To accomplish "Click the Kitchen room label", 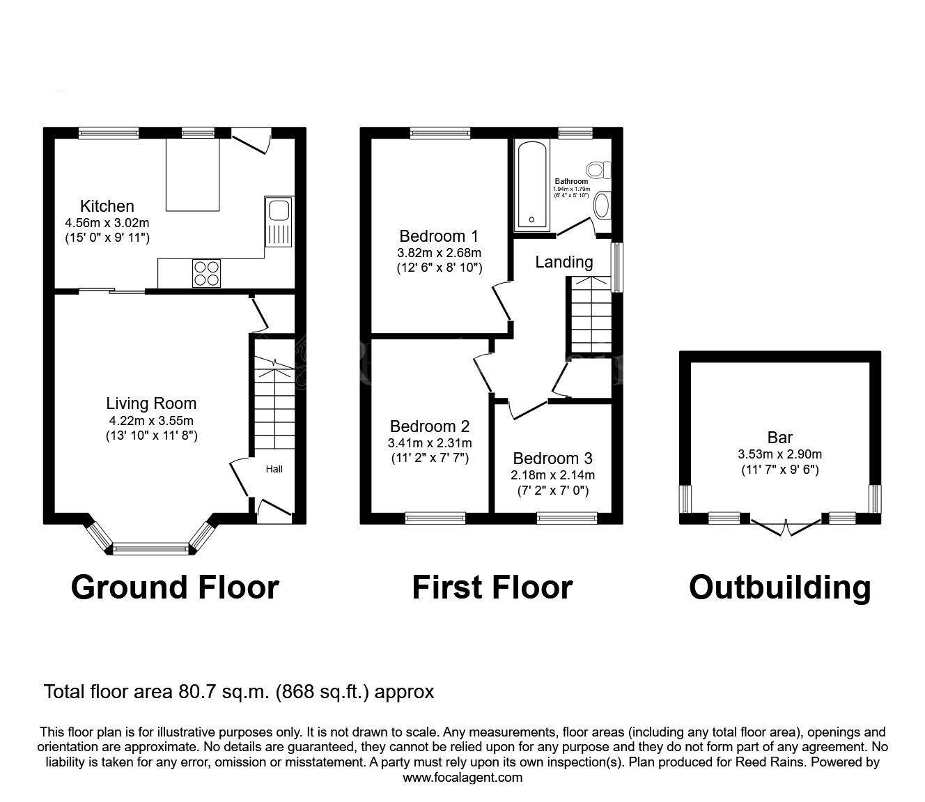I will [107, 206].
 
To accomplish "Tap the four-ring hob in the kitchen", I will [207, 272].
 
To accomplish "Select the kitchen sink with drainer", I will [279, 222].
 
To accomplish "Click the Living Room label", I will [151, 403].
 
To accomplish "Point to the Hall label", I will [274, 469].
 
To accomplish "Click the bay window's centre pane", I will [150, 550].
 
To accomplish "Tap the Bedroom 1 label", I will [439, 236].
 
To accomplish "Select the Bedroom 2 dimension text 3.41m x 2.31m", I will [430, 443].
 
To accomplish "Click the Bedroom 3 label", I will [552, 458].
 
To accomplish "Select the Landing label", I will [564, 262].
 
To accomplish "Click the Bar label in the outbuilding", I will [779, 438].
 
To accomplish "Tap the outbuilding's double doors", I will [786, 527].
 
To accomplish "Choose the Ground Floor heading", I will [175, 587].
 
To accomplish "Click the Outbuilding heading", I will [779, 587].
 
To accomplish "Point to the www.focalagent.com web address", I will [462, 778].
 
